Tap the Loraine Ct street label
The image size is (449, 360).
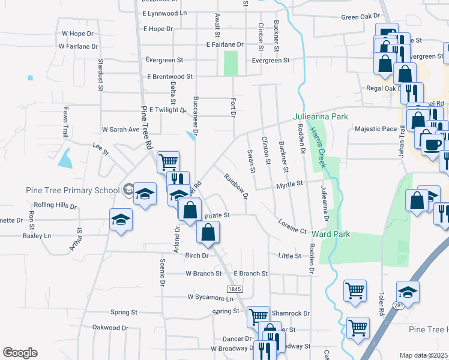pos(292,226)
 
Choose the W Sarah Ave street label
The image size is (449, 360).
pos(120,129)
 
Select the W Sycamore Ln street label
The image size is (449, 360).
pos(206,296)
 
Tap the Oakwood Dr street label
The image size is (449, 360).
pos(110,328)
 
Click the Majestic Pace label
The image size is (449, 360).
pos(376,128)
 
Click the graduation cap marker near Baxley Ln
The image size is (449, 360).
pos(121,219)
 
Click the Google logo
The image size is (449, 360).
pos(20,353)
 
